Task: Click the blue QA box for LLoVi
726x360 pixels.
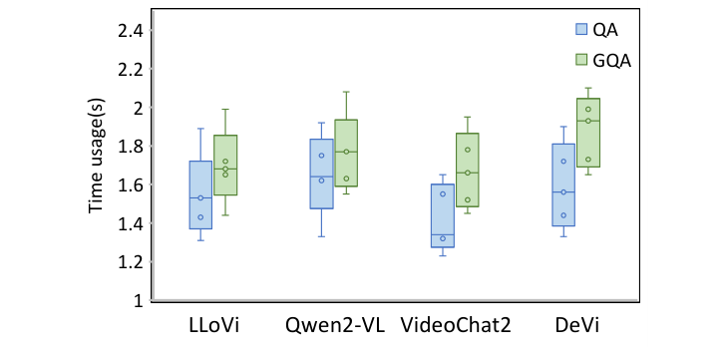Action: (199, 194)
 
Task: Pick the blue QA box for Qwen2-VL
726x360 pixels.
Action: (321, 174)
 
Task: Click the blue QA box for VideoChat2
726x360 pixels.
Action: (443, 215)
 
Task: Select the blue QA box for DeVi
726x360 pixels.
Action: (563, 184)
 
